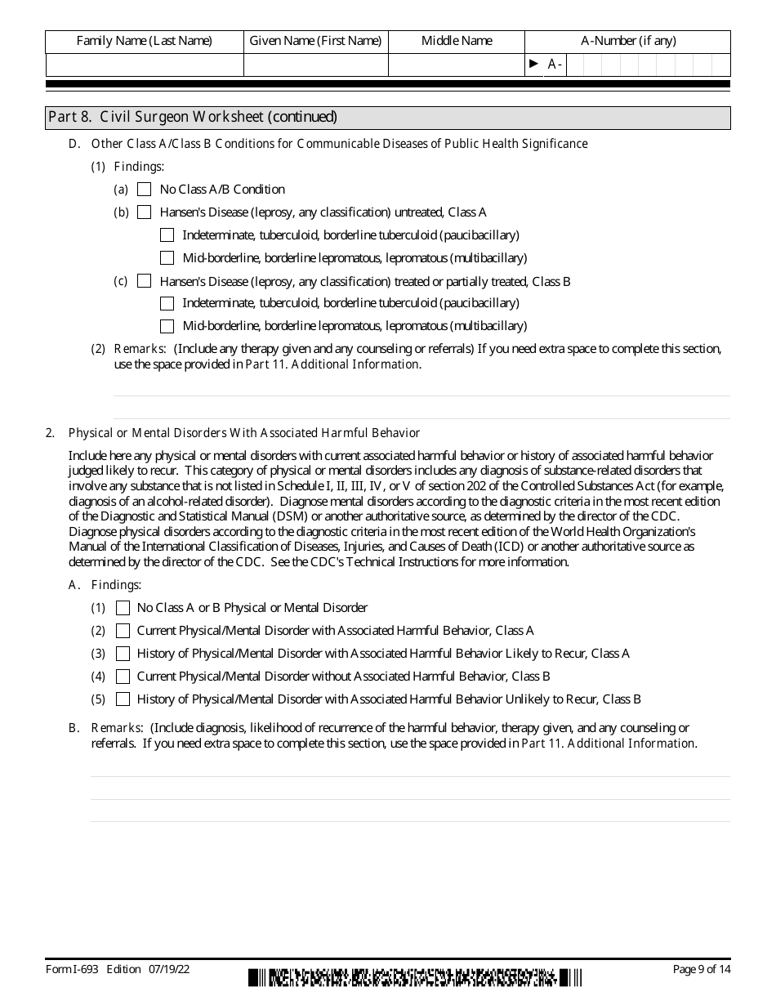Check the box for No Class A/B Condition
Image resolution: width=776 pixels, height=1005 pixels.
point(145,190)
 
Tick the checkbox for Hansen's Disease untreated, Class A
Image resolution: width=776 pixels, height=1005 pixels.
point(145,212)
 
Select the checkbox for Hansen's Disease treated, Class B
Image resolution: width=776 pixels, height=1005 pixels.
point(145,281)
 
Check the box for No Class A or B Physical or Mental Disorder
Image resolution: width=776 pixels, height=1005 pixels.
point(123,608)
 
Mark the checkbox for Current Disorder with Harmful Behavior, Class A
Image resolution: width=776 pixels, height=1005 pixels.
point(123,631)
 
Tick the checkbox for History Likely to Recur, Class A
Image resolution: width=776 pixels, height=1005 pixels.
point(123,654)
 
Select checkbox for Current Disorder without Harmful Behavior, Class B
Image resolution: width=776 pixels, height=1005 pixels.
point(123,677)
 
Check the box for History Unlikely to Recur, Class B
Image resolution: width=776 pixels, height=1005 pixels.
point(123,699)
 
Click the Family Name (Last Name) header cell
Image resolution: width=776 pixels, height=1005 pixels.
point(144,41)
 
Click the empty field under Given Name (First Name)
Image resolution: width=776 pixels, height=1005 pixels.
point(315,65)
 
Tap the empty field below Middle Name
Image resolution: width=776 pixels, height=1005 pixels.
point(456,65)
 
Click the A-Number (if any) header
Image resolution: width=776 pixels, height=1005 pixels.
point(627,41)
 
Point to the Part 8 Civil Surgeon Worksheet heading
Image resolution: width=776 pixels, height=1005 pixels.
point(193,117)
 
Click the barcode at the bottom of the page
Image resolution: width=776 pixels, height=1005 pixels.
point(415,976)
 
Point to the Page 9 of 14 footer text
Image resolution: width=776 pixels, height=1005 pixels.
point(701,969)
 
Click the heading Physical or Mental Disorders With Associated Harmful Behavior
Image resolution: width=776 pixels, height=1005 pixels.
point(243,433)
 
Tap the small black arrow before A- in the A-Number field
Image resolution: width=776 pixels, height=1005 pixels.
point(534,64)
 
